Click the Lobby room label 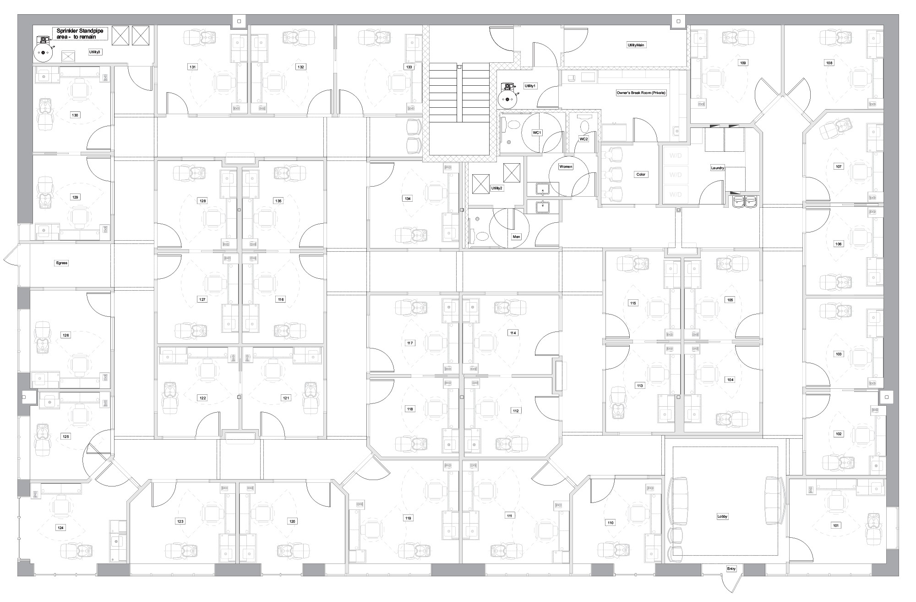pyautogui.click(x=722, y=516)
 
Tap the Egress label pyautogui.click(x=61, y=263)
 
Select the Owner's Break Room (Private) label pyautogui.click(x=641, y=93)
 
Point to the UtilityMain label pyautogui.click(x=636, y=45)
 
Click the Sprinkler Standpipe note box pyautogui.click(x=80, y=33)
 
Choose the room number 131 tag pyautogui.click(x=193, y=67)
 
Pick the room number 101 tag pyautogui.click(x=836, y=525)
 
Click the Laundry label pyautogui.click(x=718, y=168)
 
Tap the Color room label pyautogui.click(x=641, y=174)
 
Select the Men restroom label pyautogui.click(x=517, y=237)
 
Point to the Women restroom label pyautogui.click(x=566, y=167)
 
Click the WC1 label pyautogui.click(x=537, y=133)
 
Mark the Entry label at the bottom pyautogui.click(x=731, y=569)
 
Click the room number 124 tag pyautogui.click(x=60, y=528)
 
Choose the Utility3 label pyautogui.click(x=95, y=52)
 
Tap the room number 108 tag pyautogui.click(x=829, y=63)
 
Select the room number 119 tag pyautogui.click(x=408, y=518)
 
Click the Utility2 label pyautogui.click(x=497, y=188)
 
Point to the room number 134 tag pyautogui.click(x=408, y=199)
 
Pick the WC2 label pyautogui.click(x=583, y=139)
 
